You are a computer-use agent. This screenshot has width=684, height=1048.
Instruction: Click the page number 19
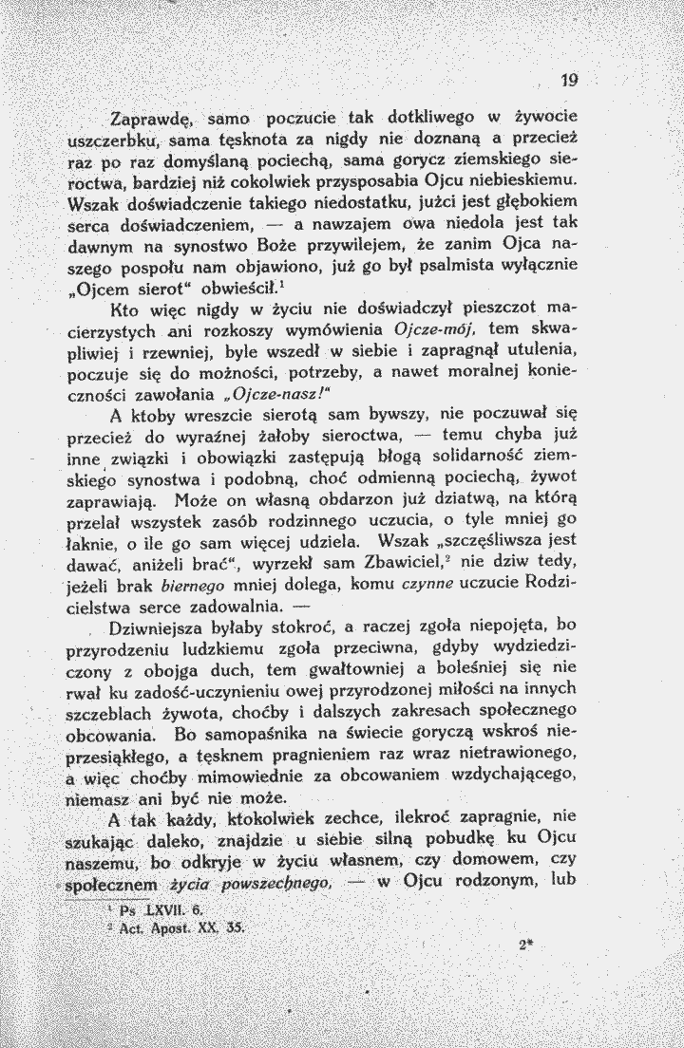click(569, 82)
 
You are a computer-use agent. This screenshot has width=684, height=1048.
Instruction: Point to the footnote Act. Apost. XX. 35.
click(178, 925)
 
